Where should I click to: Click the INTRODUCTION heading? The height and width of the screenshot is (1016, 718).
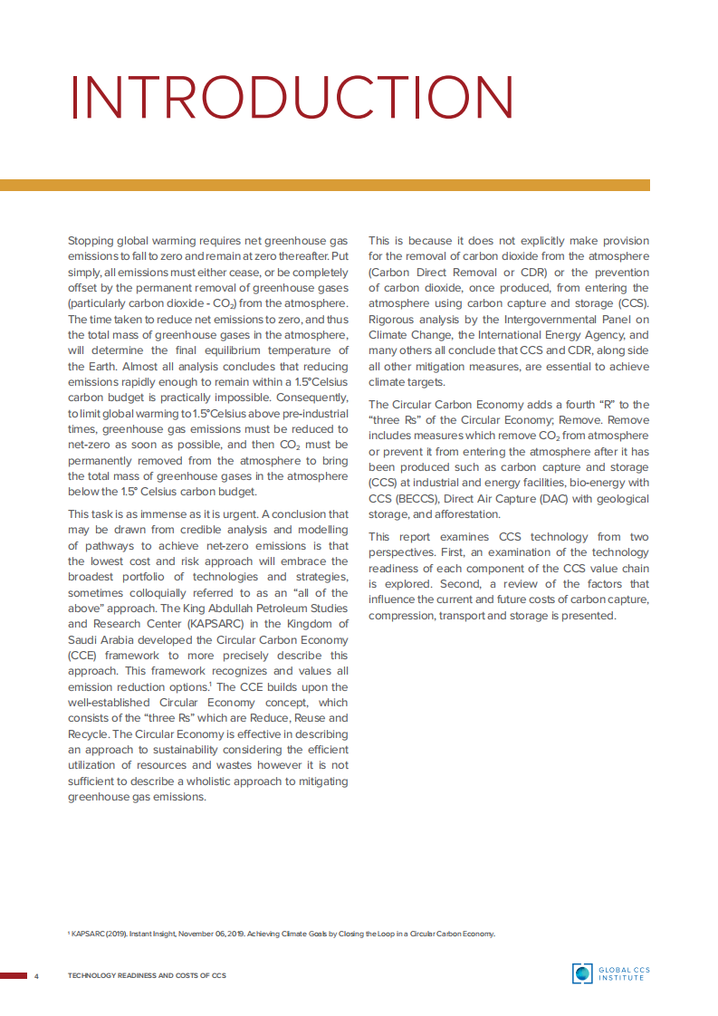pyautogui.click(x=292, y=97)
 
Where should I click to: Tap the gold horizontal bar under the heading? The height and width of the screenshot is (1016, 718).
pyautogui.click(x=324, y=185)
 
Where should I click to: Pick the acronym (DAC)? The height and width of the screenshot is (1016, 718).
pyautogui.click(x=535, y=499)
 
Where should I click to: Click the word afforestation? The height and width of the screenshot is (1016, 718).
pyautogui.click(x=461, y=514)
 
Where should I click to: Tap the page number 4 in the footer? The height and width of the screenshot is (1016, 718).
pyautogui.click(x=36, y=975)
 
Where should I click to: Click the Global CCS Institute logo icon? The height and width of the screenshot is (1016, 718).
pyautogui.click(x=581, y=973)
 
